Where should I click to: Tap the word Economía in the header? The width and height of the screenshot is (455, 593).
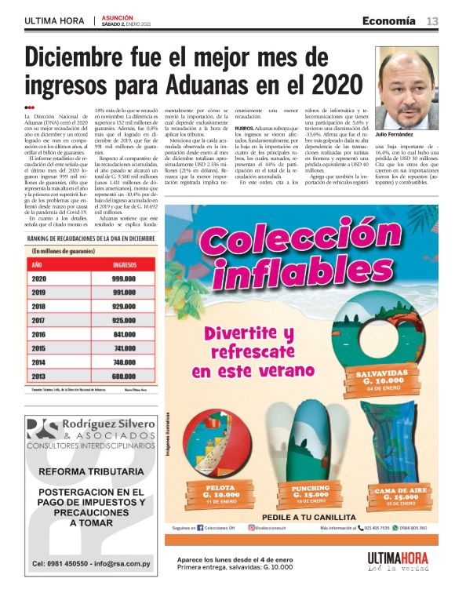tap(389, 21)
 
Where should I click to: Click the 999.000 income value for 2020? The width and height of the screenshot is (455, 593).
tap(126, 278)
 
